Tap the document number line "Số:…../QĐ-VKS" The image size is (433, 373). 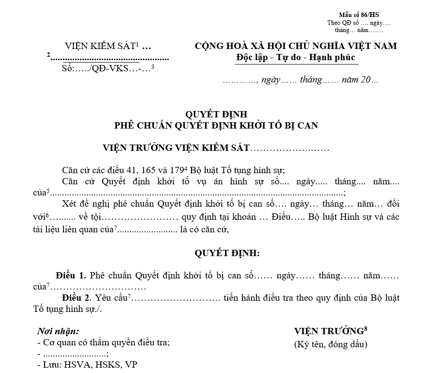coord(106,68)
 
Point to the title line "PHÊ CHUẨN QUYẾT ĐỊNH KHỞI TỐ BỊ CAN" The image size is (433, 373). coord(216,126)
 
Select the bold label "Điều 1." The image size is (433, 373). coord(71,275)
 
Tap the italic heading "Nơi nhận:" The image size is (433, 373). coord(58,331)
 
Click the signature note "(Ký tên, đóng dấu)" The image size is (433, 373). coord(331,344)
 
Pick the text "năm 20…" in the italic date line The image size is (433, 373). coord(360,80)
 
